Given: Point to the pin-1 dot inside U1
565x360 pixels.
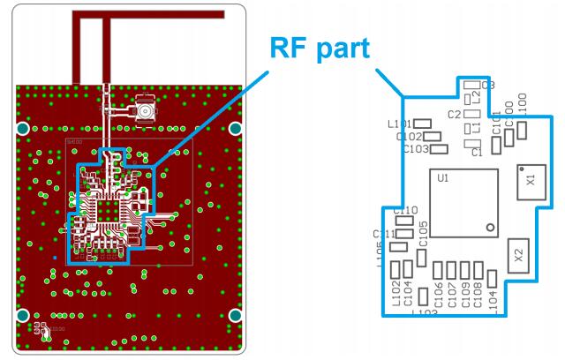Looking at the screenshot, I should click(x=486, y=227).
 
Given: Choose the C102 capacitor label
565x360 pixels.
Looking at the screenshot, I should click(x=410, y=137).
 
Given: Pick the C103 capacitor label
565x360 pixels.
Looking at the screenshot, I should click(x=415, y=149).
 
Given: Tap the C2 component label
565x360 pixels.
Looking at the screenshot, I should click(x=455, y=115).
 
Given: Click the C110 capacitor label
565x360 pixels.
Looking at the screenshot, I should click(x=405, y=211).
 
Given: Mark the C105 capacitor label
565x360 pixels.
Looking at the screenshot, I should click(x=424, y=234).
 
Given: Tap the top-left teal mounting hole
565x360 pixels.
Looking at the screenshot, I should click(x=23, y=129).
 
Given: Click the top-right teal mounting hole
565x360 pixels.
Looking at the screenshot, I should click(x=236, y=129).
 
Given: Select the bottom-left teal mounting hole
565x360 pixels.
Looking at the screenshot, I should click(x=23, y=315).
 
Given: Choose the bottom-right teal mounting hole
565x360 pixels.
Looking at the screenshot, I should click(x=236, y=315).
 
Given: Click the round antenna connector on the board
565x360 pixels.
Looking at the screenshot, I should click(x=141, y=112).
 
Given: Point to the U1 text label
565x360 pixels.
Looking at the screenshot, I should click(x=443, y=178).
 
